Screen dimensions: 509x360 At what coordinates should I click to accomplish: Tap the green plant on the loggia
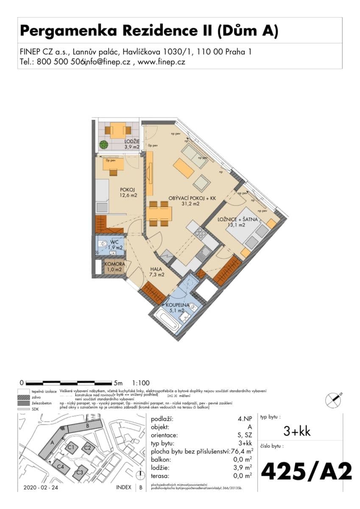104,145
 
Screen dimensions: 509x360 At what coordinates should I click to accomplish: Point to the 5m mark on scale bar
117,382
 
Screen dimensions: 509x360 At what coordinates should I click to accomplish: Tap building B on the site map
87,425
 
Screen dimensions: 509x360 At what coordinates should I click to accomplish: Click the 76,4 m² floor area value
241,451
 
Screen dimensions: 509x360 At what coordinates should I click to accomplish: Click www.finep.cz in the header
162,62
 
